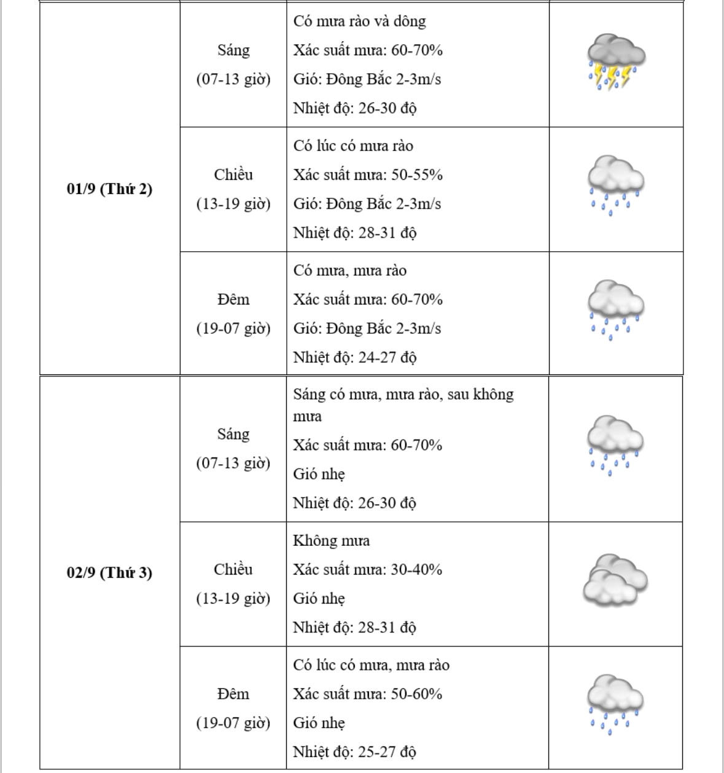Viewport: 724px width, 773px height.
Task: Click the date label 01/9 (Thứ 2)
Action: pyautogui.click(x=109, y=188)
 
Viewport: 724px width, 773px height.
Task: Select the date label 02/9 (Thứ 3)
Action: pyautogui.click(x=109, y=573)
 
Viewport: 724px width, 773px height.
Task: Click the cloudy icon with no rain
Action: pyautogui.click(x=615, y=580)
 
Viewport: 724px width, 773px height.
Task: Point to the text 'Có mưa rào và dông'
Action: pyautogui.click(x=359, y=21)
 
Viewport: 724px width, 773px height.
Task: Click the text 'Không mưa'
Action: pyautogui.click(x=331, y=541)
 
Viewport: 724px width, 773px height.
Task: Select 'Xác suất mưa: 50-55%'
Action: pyautogui.click(x=368, y=175)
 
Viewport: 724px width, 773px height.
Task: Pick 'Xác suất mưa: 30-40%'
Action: pyautogui.click(x=367, y=570)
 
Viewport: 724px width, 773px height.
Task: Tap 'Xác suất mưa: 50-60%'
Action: pyautogui.click(x=367, y=694)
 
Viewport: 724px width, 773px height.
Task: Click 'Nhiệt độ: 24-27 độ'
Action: pyautogui.click(x=355, y=357)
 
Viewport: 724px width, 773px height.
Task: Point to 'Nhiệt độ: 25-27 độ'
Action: pyautogui.click(x=354, y=752)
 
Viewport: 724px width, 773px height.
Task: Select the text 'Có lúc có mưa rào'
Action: pyautogui.click(x=353, y=146)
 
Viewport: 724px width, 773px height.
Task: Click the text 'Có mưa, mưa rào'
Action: pyautogui.click(x=349, y=271)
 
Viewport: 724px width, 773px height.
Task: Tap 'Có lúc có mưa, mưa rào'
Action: pyautogui.click(x=371, y=666)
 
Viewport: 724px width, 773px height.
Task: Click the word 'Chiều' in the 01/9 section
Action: pyautogui.click(x=233, y=175)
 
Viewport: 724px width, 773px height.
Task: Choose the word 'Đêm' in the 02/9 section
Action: pyautogui.click(x=233, y=694)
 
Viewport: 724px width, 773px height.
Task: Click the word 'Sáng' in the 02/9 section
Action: pyautogui.click(x=233, y=435)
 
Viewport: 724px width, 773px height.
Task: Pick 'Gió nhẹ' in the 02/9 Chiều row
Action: pyautogui.click(x=319, y=599)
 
